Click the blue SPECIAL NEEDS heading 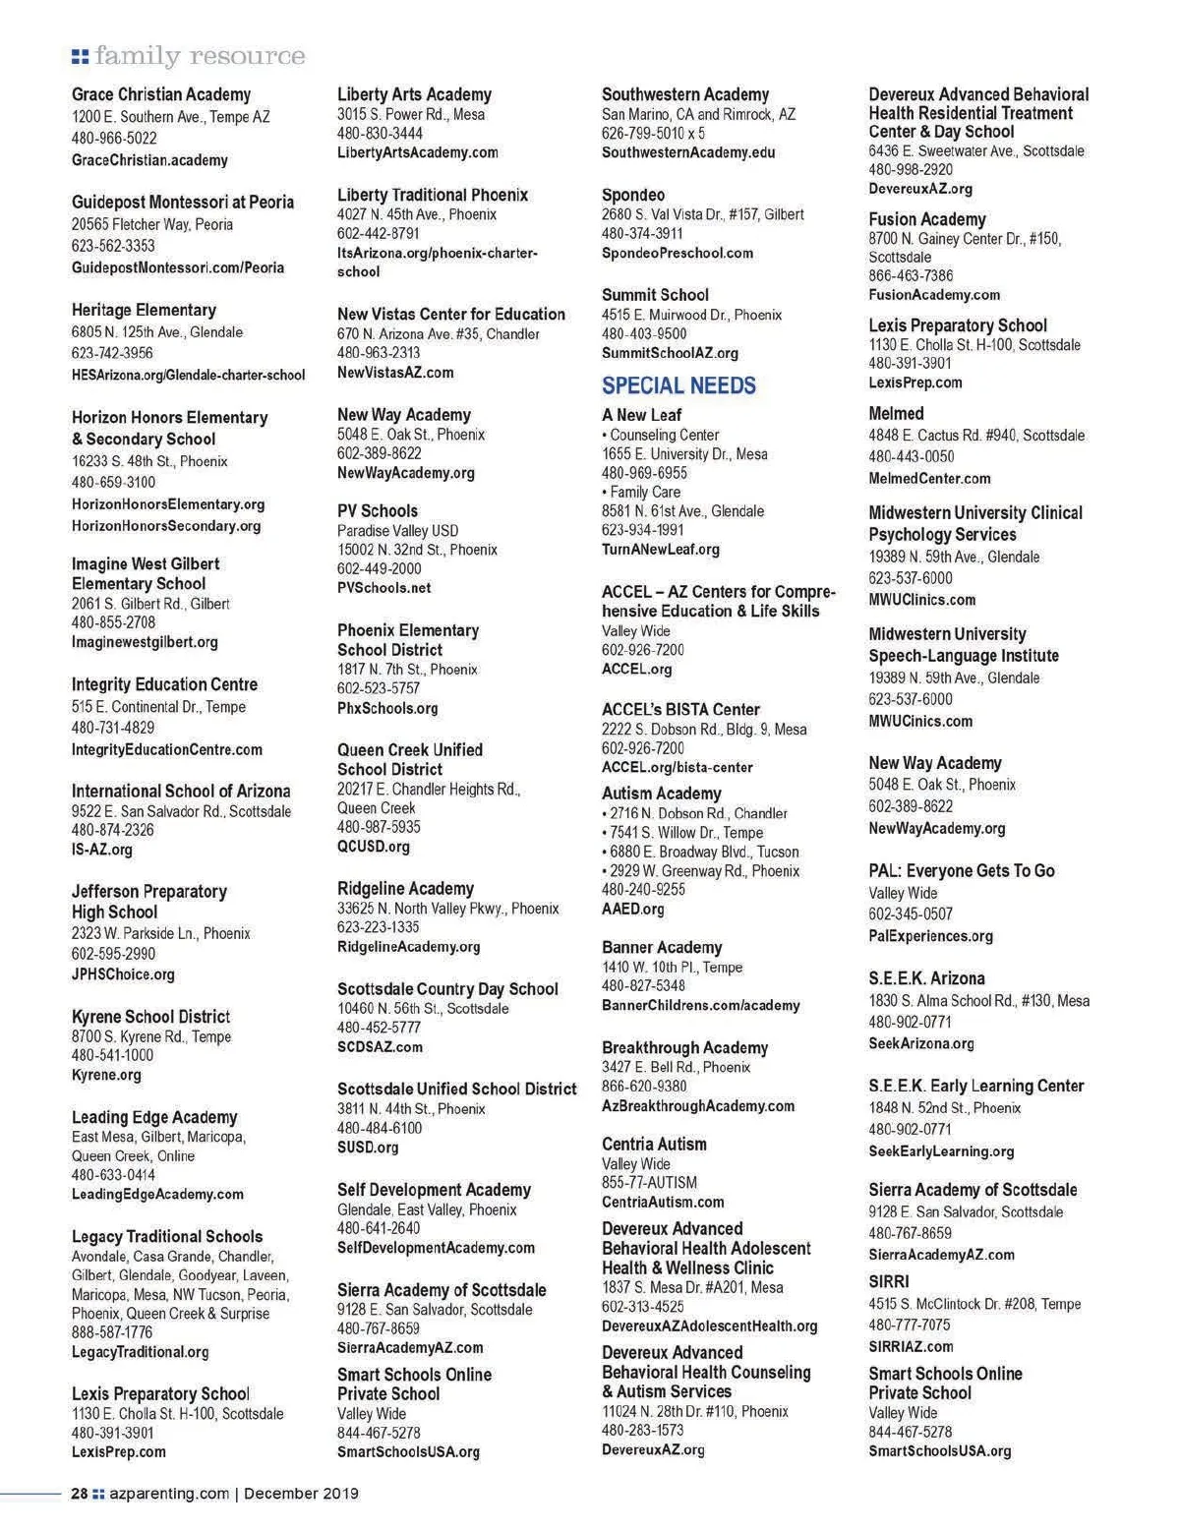coord(678,385)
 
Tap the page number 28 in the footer coord(80,1493)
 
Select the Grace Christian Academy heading coord(161,94)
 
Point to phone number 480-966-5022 coord(114,139)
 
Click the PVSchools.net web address coord(383,588)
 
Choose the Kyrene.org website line coord(106,1075)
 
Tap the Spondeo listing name coord(633,195)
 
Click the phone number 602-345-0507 coord(911,913)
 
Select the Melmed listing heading coord(896,413)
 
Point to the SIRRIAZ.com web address coord(911,1346)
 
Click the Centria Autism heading coord(654,1144)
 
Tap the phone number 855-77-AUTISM coord(649,1183)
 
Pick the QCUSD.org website coord(374,847)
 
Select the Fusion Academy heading coord(926,219)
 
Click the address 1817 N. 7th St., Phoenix coord(407,670)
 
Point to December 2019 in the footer coord(301,1493)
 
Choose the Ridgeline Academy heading coord(405,888)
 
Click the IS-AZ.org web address coord(102,850)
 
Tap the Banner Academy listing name coord(662,947)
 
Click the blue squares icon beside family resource coord(80,56)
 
